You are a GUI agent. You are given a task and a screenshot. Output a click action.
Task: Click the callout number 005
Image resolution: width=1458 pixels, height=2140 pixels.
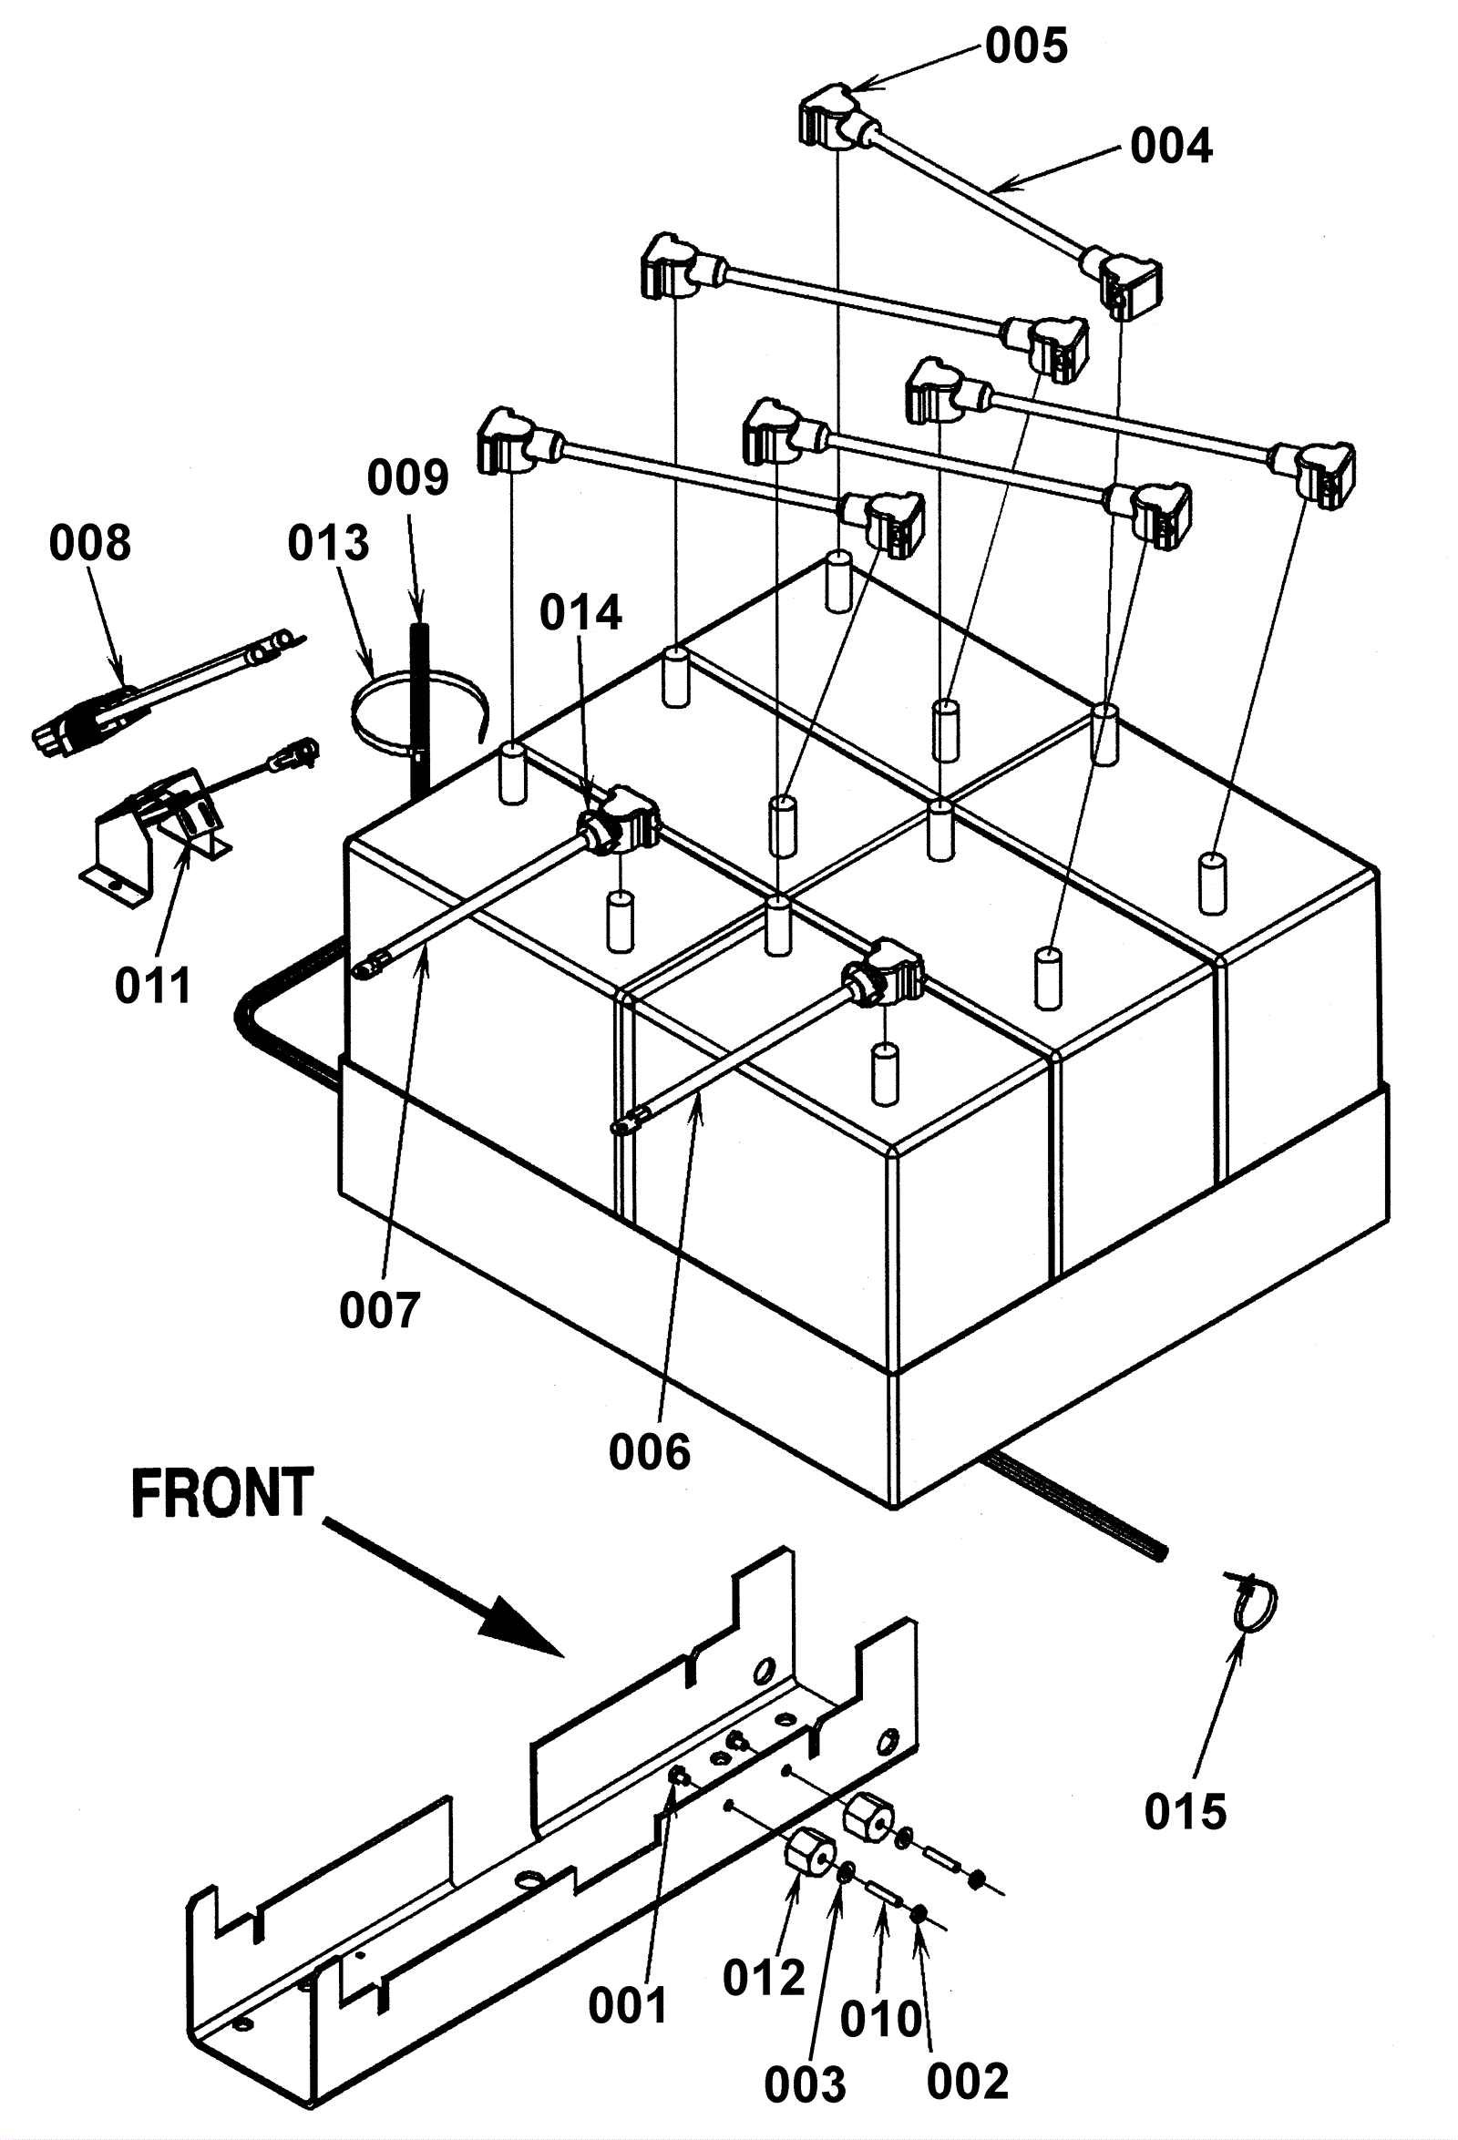[x=1026, y=46]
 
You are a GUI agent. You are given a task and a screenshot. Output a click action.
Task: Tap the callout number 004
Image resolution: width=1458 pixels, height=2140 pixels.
[x=1172, y=147]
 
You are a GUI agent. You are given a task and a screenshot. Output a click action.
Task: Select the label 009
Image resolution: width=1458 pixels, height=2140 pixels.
[x=408, y=477]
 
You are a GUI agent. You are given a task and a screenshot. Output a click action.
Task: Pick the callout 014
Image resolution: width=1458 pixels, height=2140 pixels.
[x=581, y=612]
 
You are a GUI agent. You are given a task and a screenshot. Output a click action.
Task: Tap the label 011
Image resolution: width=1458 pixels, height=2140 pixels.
[x=153, y=987]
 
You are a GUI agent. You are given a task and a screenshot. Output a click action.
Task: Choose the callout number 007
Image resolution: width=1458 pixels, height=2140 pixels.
[x=380, y=1310]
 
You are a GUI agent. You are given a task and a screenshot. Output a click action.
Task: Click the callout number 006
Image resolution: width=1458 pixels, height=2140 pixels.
[x=650, y=1453]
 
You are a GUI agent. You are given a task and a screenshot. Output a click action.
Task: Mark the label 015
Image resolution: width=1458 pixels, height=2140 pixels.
[x=1186, y=1813]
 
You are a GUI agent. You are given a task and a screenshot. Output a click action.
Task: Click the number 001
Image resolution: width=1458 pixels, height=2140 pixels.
[x=627, y=2005]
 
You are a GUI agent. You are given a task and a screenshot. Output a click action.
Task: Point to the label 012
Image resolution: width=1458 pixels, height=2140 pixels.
[x=765, y=1978]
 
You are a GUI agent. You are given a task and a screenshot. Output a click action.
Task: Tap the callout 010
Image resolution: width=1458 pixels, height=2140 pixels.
[x=881, y=2021]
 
